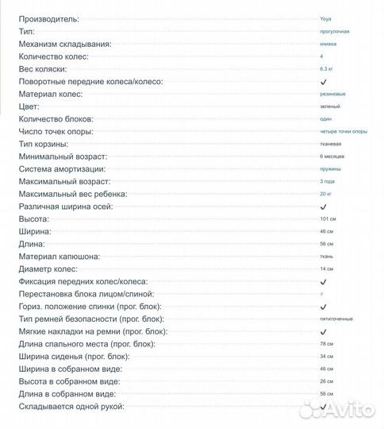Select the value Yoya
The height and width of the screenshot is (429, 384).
[326, 18]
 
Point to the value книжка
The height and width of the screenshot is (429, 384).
[328, 44]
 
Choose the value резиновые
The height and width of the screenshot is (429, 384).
[332, 95]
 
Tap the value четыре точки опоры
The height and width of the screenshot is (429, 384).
[344, 132]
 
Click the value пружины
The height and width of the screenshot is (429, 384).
[329, 169]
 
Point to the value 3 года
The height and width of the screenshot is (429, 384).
[327, 182]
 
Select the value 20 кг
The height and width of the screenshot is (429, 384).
[325, 195]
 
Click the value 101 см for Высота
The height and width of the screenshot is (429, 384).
[327, 219]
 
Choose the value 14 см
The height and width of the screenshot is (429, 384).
[326, 269]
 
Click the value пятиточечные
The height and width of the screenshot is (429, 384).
[336, 319]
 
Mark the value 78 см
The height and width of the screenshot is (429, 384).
[326, 344]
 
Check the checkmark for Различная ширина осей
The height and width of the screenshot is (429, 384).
[323, 207]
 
